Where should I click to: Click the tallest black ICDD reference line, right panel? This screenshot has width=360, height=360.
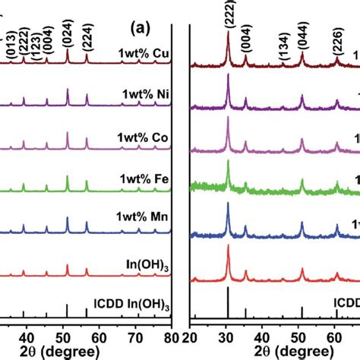coord(228,302)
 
